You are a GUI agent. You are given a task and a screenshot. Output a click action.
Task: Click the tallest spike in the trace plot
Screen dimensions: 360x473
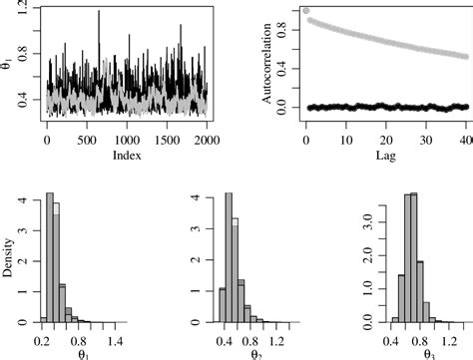[99, 12]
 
